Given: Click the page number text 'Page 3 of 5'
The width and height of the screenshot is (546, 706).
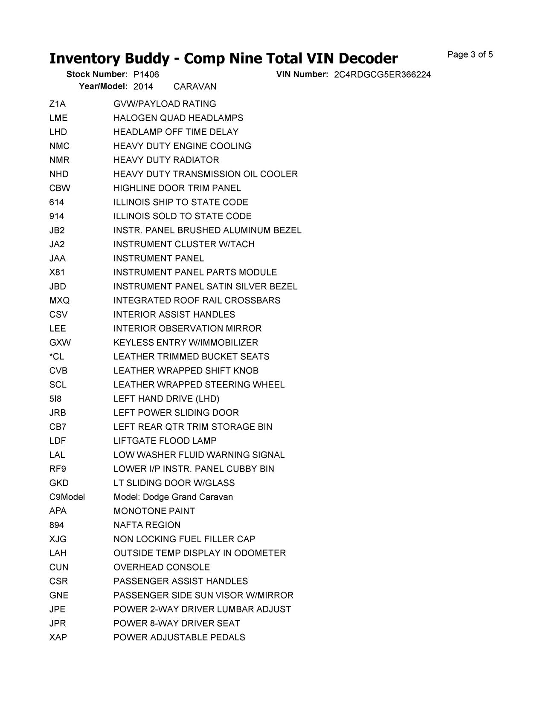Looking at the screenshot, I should (x=470, y=55).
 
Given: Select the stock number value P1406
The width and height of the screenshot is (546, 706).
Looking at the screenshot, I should (x=146, y=75).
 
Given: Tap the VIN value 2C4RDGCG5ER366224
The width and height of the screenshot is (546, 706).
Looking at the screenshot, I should (x=382, y=75).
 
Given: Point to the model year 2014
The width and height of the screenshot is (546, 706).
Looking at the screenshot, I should (x=143, y=87).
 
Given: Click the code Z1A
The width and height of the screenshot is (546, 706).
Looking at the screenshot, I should (x=57, y=104).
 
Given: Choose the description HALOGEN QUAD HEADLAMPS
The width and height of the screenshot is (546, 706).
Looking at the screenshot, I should (x=178, y=118).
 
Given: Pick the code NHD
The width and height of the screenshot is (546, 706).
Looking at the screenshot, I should (x=58, y=174).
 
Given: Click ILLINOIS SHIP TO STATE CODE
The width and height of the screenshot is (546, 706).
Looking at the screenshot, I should (x=181, y=202).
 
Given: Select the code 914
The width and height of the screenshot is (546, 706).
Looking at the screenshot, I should (x=56, y=216).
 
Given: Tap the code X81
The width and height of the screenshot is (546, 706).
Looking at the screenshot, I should (x=57, y=272).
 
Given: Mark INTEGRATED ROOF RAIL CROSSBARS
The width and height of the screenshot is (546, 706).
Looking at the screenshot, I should (x=197, y=301).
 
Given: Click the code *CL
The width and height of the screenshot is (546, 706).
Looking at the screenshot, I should (x=56, y=357).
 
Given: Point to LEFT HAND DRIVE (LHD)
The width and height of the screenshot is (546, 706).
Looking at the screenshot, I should (x=166, y=399).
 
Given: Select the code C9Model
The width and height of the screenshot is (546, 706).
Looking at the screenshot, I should (x=67, y=497).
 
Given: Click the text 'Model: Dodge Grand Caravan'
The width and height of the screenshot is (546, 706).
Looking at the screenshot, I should (x=173, y=497).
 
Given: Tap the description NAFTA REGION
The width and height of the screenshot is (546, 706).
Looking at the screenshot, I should (x=147, y=525).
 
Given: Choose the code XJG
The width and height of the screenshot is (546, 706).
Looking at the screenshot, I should (x=58, y=539).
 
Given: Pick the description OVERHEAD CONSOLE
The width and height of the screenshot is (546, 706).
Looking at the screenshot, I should (x=162, y=567).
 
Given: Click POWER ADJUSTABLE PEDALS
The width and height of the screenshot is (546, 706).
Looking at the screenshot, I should (x=179, y=637).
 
